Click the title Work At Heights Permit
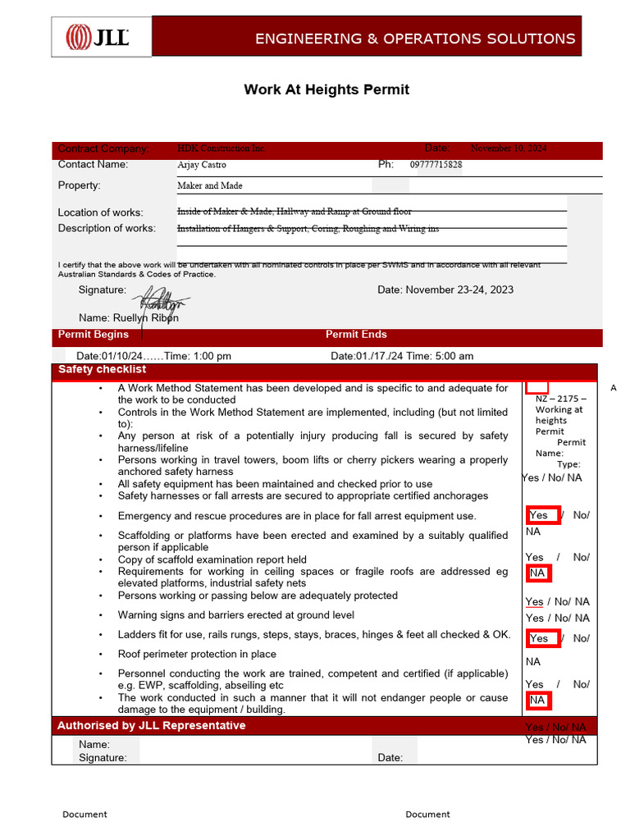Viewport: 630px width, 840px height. (x=326, y=89)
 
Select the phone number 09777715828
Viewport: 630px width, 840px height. (x=436, y=165)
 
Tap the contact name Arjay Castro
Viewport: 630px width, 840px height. (x=202, y=165)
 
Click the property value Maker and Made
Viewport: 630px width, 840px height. (x=210, y=186)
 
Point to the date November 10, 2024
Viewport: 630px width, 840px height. (x=509, y=148)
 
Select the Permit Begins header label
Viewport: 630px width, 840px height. (x=94, y=335)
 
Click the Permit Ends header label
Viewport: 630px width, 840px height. (x=356, y=335)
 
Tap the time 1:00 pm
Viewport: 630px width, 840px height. (x=212, y=356)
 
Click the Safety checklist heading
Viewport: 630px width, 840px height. (x=102, y=370)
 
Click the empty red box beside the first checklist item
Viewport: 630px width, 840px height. (x=536, y=386)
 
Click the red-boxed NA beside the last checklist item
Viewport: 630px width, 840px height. (x=538, y=701)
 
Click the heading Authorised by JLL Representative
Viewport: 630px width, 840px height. (x=151, y=726)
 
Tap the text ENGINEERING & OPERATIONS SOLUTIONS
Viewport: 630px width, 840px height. (x=415, y=39)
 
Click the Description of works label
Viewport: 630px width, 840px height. (x=107, y=228)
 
